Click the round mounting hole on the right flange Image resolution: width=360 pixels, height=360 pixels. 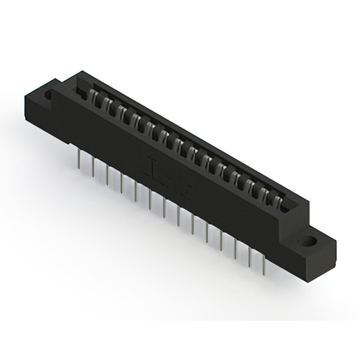(308, 243)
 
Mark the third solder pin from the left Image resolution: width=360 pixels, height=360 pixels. (107, 175)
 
